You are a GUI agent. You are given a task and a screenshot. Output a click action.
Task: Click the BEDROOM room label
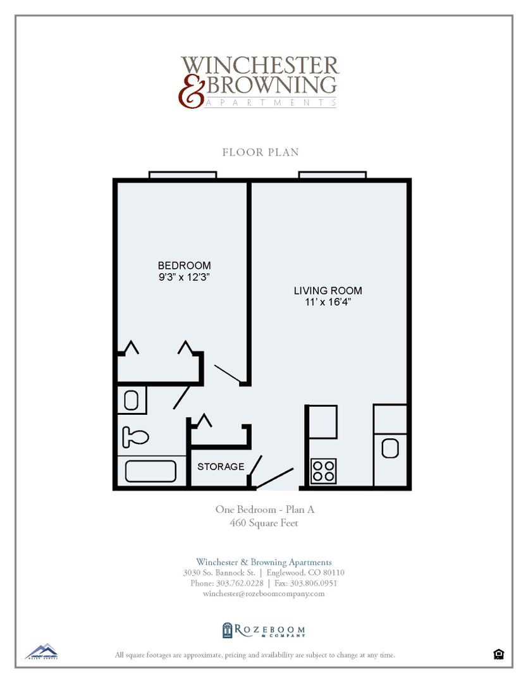(184, 266)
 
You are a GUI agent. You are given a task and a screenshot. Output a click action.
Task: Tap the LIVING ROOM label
(328, 291)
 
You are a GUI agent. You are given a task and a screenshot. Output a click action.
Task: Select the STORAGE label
(221, 467)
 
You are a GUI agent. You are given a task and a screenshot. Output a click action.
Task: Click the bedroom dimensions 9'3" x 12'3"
(184, 277)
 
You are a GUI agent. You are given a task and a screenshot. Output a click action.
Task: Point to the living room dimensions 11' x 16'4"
(328, 302)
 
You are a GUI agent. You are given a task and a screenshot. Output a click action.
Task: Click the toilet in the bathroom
(135, 436)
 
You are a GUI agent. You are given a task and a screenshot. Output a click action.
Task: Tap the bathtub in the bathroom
(150, 472)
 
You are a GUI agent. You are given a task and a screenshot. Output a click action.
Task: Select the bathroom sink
(132, 400)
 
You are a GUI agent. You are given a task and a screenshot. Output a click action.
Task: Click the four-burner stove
(324, 471)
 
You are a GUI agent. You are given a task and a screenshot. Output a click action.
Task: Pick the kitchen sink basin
(390, 448)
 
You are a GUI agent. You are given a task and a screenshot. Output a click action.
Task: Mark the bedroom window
(183, 175)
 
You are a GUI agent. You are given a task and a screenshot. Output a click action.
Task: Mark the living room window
(333, 175)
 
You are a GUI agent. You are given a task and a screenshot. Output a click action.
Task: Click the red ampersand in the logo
(190, 93)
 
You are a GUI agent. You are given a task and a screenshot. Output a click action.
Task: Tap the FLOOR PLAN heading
(261, 152)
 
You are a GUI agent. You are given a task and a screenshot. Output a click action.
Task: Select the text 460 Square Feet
(264, 523)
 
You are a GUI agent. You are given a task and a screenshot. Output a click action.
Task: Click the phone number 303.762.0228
(239, 583)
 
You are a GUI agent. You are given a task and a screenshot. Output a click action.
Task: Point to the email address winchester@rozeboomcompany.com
(264, 594)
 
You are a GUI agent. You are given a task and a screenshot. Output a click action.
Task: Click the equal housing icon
(498, 655)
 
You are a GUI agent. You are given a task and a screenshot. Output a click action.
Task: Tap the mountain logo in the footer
(41, 651)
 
